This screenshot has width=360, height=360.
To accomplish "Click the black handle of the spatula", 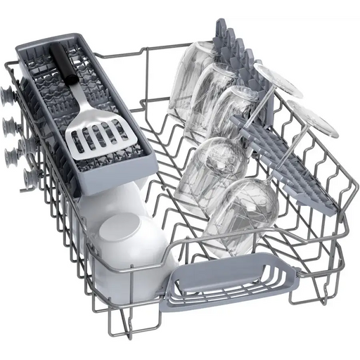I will [62, 67].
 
